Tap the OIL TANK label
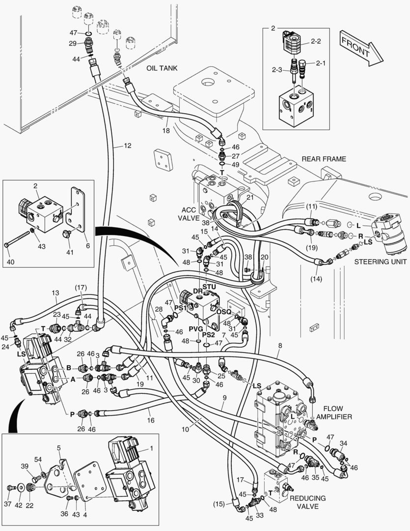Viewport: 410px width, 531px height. coord(162,68)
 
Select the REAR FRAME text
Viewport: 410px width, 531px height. coord(324,159)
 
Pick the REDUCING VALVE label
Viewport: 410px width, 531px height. coord(307,502)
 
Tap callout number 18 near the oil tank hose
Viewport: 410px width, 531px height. coord(166,130)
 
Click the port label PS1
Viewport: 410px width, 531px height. coord(180,308)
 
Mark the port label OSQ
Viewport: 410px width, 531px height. coord(223,311)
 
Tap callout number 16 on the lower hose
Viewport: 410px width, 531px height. coord(150,421)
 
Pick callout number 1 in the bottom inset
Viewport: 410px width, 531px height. coord(151,448)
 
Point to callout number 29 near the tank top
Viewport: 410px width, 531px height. coord(73,44)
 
